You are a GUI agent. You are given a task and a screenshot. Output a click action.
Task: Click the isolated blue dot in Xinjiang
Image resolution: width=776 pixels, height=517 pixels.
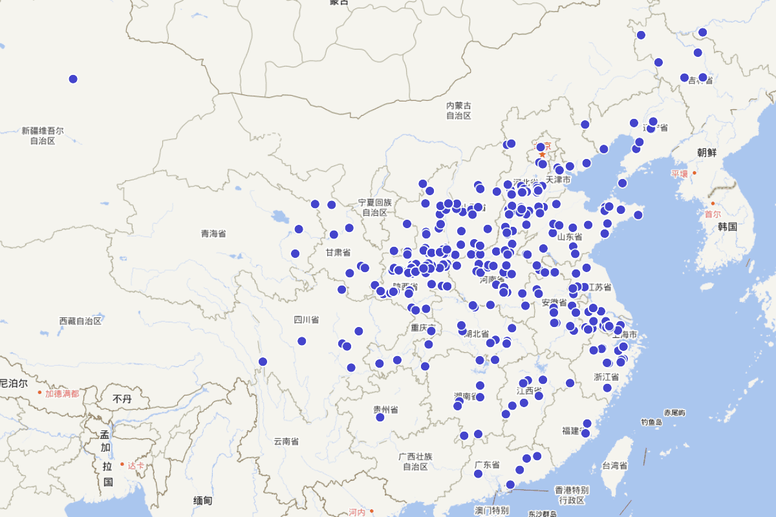pos(73,79)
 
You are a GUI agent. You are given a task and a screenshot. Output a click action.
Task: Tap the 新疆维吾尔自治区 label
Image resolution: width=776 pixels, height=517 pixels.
pos(43,135)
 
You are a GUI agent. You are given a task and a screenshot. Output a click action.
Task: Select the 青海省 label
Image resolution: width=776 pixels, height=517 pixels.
pos(213,233)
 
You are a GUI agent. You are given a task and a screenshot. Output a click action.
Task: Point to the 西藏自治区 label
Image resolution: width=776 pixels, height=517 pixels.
pos(80,321)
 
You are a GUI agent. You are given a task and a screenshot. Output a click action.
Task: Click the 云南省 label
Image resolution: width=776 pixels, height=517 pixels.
pos(286,441)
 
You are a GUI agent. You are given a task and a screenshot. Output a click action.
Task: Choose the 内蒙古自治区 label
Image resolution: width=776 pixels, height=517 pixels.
pos(458,111)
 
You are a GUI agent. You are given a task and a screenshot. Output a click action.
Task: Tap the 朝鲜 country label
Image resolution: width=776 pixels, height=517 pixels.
pos(707,153)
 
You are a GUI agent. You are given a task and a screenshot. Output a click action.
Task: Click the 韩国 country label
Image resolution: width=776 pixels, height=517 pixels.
pos(727,227)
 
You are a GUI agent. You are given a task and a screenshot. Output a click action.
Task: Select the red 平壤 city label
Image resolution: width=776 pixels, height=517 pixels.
pos(680,174)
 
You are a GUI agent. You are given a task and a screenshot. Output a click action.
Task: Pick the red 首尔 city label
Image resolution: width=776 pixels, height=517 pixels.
pos(713,214)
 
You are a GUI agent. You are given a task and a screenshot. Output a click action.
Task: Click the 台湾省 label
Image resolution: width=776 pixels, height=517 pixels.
pos(614,465)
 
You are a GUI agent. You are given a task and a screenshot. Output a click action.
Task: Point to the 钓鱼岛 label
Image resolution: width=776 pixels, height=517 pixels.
pos(651,422)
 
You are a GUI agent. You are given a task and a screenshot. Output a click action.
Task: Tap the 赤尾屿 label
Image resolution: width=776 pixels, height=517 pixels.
pos(674,412)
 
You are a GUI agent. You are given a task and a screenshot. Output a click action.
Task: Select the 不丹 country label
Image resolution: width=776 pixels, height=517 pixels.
pos(122,399)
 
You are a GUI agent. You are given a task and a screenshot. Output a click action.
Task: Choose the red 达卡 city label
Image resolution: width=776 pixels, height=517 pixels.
pos(136,465)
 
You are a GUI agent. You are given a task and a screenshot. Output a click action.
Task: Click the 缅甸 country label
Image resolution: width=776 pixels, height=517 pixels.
pos(202,500)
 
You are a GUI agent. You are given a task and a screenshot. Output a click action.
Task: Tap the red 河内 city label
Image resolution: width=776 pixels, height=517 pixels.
pos(357,512)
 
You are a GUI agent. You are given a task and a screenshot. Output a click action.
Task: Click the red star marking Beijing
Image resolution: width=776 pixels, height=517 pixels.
pos(543,155)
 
